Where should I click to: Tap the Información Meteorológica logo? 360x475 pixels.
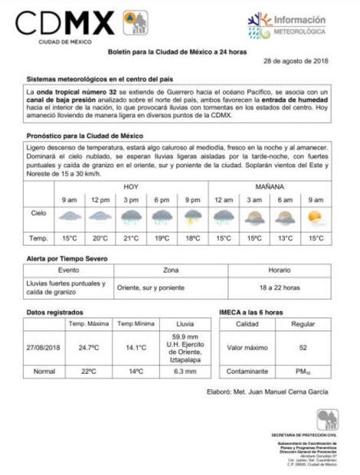tap(287, 25)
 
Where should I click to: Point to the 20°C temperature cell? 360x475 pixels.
tap(100, 238)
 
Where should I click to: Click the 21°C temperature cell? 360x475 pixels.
tap(131, 238)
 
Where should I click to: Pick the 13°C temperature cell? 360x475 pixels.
tap(285, 238)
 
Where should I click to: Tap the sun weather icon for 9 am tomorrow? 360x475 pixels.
tap(315, 218)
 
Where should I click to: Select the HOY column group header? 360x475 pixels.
tap(131, 186)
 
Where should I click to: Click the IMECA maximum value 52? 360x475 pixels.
tap(303, 347)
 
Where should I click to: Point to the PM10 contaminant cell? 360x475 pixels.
tap(303, 372)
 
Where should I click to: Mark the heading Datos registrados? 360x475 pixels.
tap(54, 313)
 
